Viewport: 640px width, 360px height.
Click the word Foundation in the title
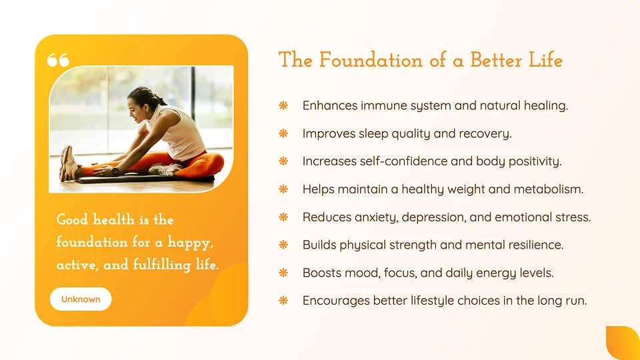point(371,60)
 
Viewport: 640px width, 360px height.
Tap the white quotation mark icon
point(58,60)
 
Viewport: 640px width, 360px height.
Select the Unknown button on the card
point(81,299)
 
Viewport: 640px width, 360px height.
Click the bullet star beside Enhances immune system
point(283,106)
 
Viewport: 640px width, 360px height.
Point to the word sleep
point(373,134)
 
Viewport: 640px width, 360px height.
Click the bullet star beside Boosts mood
point(283,273)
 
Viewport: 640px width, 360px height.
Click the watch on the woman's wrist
point(115,171)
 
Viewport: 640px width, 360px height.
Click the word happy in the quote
point(191,243)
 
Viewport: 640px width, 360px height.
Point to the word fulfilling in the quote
point(162,265)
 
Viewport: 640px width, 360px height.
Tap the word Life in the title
point(546,60)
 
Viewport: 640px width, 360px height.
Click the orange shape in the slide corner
point(623,343)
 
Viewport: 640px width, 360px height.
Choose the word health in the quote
point(113,219)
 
